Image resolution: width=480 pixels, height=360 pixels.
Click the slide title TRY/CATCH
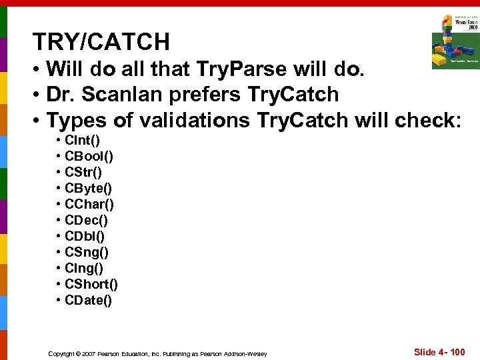(x=101, y=43)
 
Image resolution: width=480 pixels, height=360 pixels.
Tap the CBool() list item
(x=89, y=157)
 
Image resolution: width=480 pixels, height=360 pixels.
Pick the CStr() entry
(x=83, y=173)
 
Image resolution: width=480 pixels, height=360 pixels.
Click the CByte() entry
(x=88, y=189)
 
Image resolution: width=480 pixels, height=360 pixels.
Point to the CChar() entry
(x=89, y=205)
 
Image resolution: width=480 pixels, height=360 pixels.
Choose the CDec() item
(x=86, y=221)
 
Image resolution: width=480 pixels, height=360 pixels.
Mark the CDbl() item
(x=85, y=237)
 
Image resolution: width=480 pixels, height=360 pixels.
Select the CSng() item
(x=87, y=253)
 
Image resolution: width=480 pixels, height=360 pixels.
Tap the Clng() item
(x=84, y=269)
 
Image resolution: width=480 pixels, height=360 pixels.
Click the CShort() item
(x=91, y=285)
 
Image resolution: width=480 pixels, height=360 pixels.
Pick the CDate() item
(x=88, y=301)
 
